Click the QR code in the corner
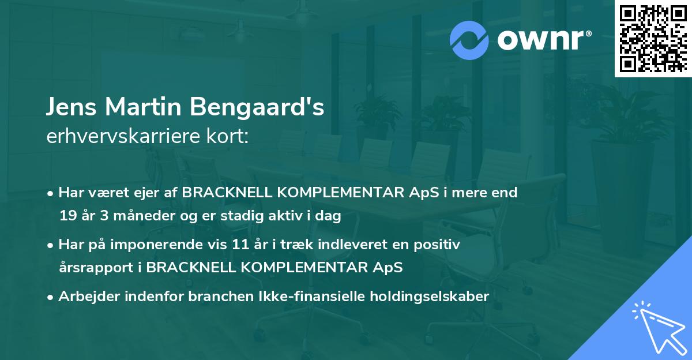pyautogui.click(x=653, y=39)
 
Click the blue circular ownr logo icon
pyautogui.click(x=470, y=40)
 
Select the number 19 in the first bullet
pyautogui.click(x=67, y=216)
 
